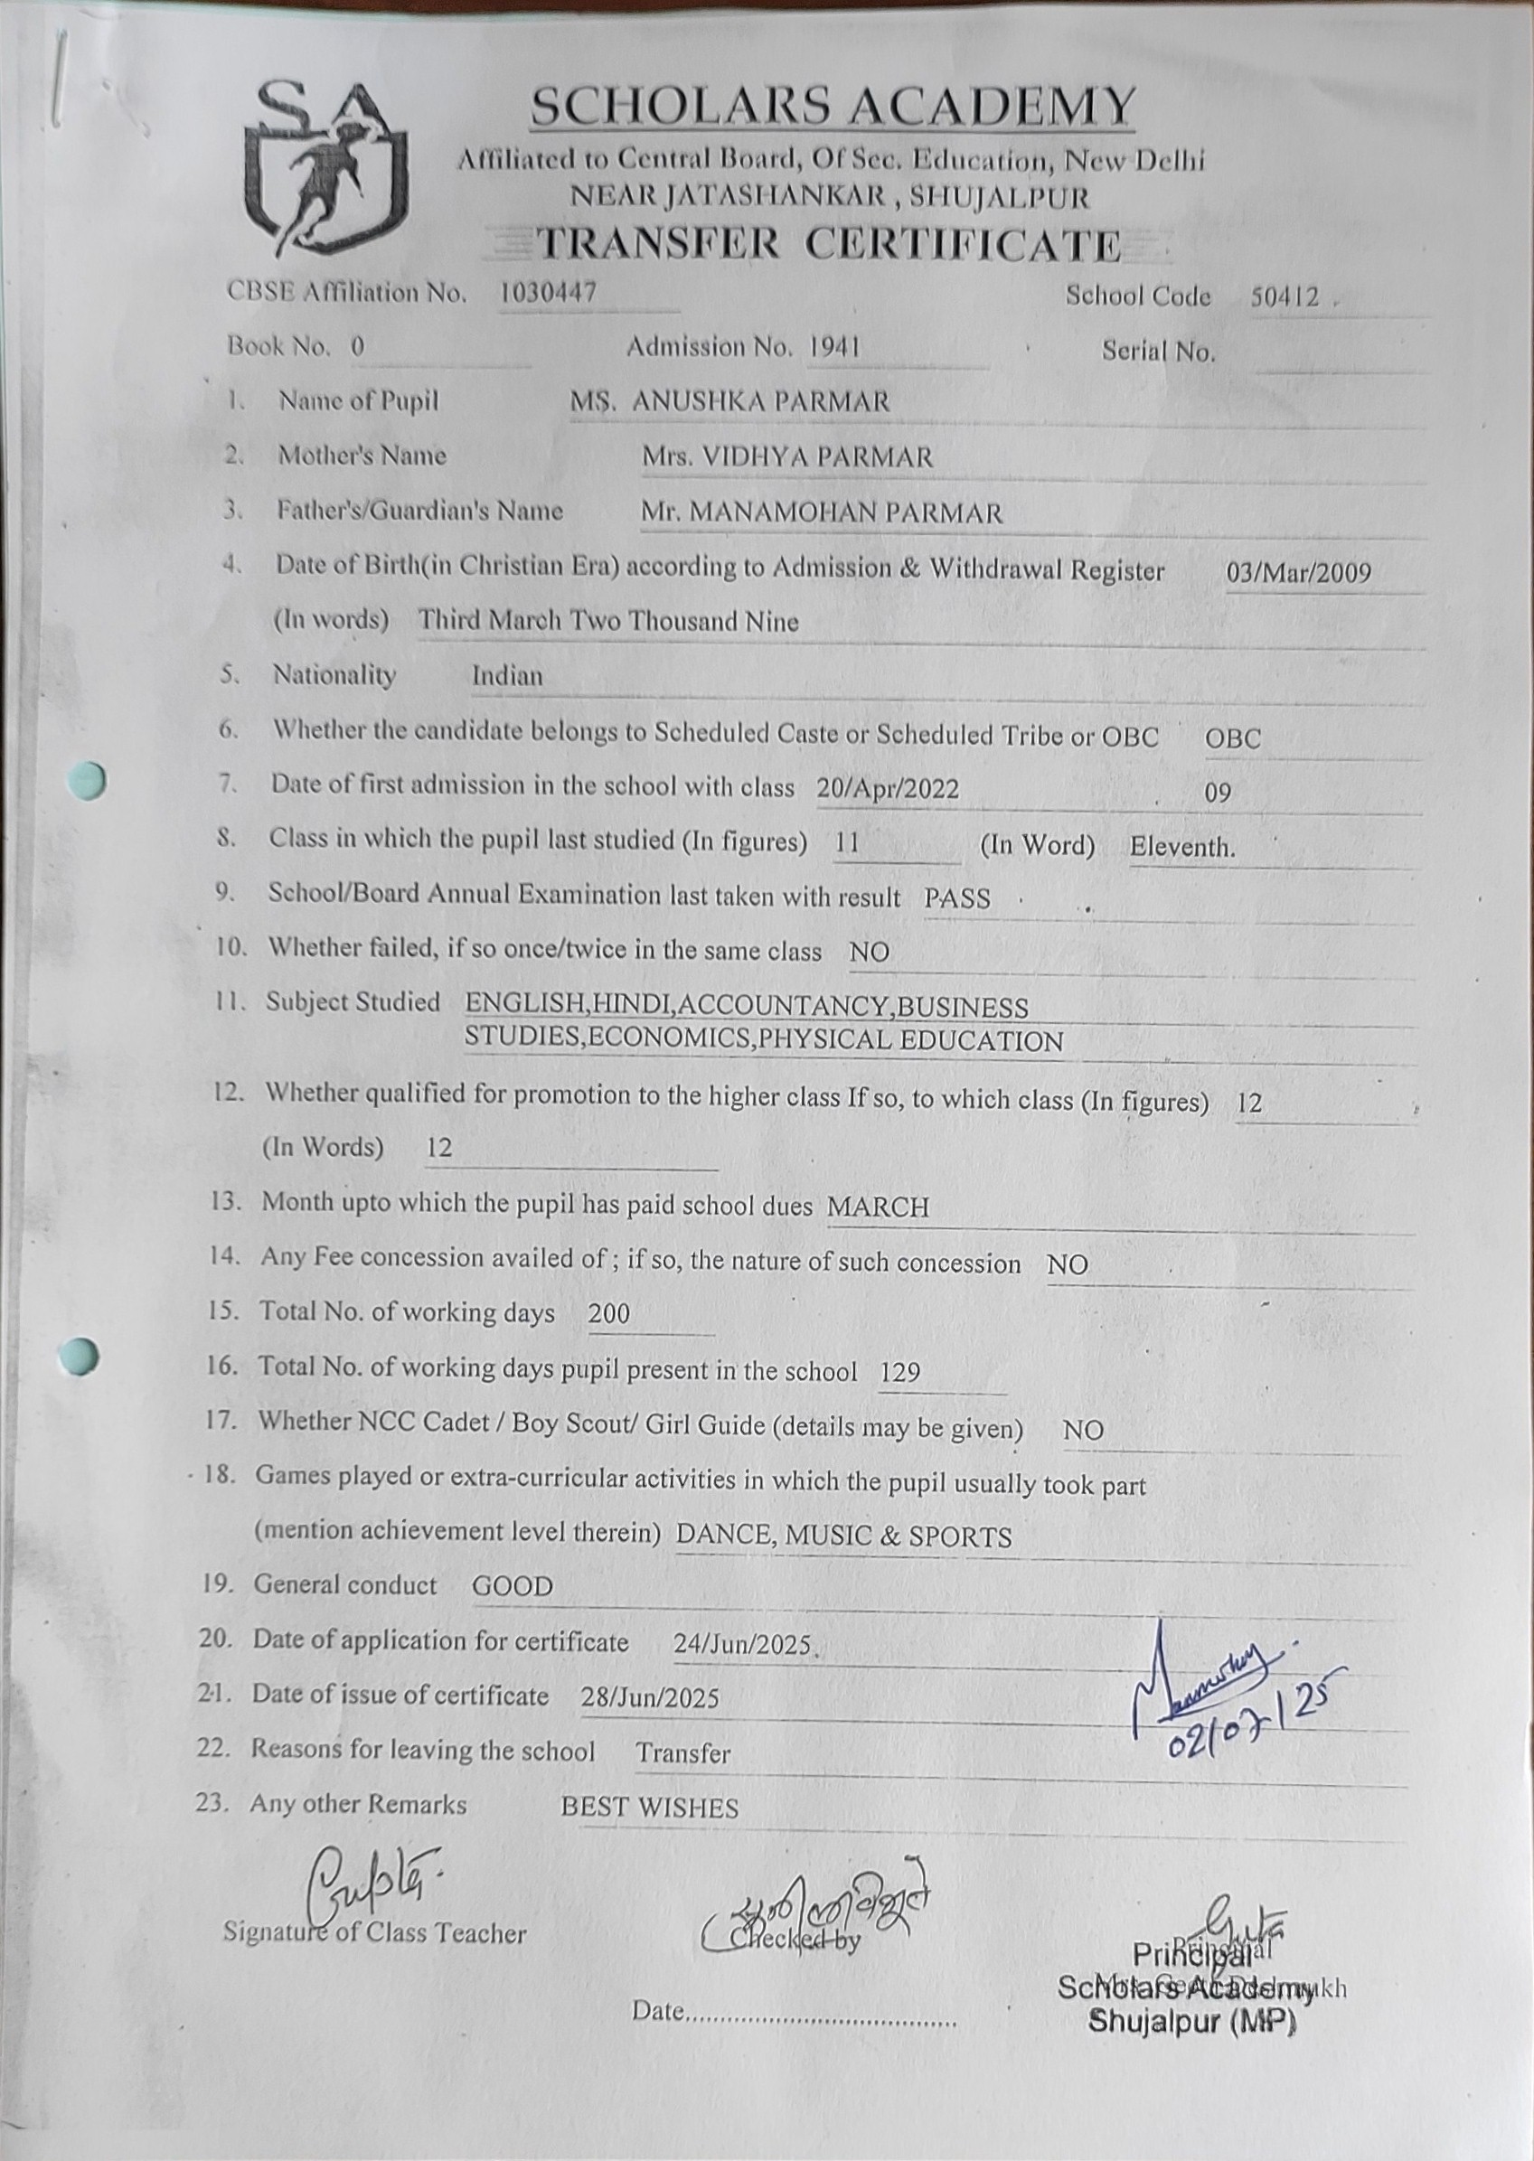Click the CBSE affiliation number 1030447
[548, 293]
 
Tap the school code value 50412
[1285, 297]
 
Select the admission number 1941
[834, 348]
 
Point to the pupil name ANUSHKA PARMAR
[760, 402]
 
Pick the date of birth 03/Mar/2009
[1298, 573]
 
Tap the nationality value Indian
[507, 676]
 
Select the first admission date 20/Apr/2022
[887, 789]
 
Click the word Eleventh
[1181, 847]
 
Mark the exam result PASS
[957, 898]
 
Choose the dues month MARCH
[878, 1207]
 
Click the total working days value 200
[608, 1314]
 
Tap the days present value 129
[899, 1372]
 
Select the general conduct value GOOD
[512, 1587]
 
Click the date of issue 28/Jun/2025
[650, 1698]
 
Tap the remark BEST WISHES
[649, 1808]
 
